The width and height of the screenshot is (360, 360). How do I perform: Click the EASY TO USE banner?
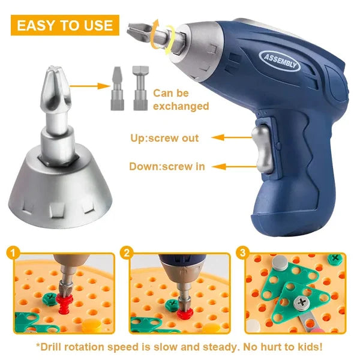coord(65,25)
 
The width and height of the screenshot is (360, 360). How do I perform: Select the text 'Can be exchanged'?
coord(181,100)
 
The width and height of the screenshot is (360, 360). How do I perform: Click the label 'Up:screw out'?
coord(164,138)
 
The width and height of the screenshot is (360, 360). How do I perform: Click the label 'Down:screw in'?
coord(167,167)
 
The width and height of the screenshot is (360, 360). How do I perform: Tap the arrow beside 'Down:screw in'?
coord(228,167)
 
